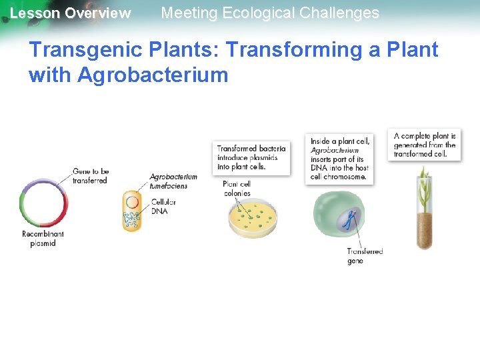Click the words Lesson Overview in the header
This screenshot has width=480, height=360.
(70, 13)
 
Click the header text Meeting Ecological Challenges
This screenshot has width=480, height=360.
(270, 13)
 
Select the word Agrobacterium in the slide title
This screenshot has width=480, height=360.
(153, 75)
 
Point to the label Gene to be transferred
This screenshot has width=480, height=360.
(90, 176)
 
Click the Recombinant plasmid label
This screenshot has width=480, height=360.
(43, 239)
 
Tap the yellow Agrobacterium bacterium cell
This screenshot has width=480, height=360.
(132, 211)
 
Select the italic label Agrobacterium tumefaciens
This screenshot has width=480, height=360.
(173, 181)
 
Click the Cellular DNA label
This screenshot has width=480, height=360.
(163, 206)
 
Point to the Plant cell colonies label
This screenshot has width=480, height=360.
(237, 189)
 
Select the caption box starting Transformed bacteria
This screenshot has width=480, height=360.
(251, 157)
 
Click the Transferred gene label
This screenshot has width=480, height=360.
(365, 256)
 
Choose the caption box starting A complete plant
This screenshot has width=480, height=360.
(424, 145)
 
